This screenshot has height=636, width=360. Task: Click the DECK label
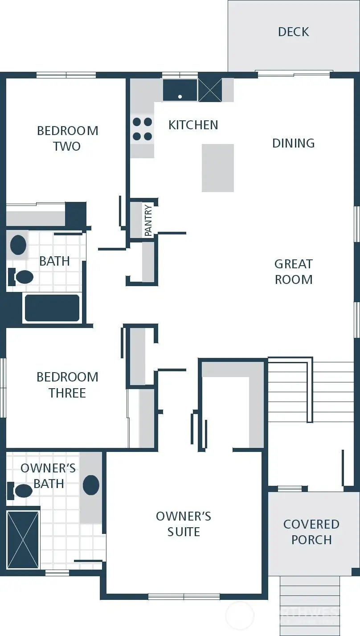click(x=293, y=32)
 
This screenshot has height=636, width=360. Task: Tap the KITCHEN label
click(x=193, y=125)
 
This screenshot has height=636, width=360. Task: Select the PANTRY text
click(x=148, y=220)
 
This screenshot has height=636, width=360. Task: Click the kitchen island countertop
click(x=218, y=168)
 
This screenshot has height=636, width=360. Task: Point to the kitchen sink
click(x=180, y=90)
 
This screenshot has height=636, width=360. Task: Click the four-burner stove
click(x=142, y=129)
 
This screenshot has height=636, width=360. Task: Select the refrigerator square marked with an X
click(x=210, y=90)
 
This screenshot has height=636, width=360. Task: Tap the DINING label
click(x=293, y=143)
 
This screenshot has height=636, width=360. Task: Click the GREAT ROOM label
click(x=293, y=271)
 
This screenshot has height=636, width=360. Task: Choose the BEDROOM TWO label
click(x=67, y=138)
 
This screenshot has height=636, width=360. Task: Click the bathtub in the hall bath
click(x=52, y=308)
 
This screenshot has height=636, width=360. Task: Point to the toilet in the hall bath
click(x=21, y=277)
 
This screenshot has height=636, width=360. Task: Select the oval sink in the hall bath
click(x=18, y=245)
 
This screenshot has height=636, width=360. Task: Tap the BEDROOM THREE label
click(x=67, y=385)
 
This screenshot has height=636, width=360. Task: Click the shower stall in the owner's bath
click(x=23, y=539)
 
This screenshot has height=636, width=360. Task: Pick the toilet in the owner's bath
click(x=21, y=491)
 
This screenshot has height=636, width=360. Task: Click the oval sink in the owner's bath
click(x=91, y=485)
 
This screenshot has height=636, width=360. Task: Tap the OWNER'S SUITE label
click(x=183, y=524)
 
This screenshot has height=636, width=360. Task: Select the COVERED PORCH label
click(x=311, y=532)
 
